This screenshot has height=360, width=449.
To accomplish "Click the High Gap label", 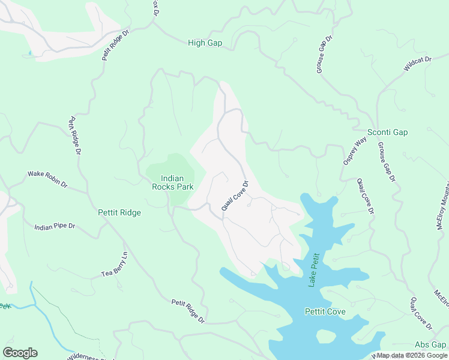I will [x=205, y=43].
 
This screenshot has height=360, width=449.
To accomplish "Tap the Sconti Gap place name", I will [x=387, y=132].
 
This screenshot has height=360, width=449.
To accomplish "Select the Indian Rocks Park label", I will [x=177, y=182].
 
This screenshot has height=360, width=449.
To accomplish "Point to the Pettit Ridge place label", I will [x=119, y=212].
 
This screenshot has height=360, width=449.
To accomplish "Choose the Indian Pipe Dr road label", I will [x=55, y=227].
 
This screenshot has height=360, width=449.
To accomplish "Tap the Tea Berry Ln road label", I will [x=115, y=264].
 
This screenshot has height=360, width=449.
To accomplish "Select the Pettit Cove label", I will [x=325, y=312].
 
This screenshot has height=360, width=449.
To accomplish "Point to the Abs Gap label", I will [x=430, y=344].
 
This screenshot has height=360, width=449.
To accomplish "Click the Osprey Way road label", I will [x=355, y=151].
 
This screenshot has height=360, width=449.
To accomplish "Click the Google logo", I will [x=20, y=352].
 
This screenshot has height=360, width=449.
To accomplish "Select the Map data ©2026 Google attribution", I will [x=412, y=355].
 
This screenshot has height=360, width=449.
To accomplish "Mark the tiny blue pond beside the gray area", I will [x=29, y=54].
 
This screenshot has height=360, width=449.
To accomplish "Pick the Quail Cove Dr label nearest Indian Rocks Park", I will [x=235, y=196].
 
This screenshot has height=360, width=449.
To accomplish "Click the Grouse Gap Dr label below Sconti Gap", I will [x=387, y=161].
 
